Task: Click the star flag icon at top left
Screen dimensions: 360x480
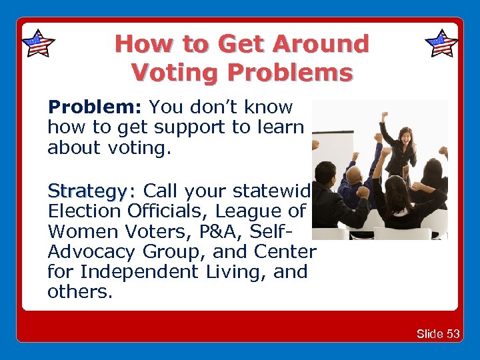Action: (x=38, y=43)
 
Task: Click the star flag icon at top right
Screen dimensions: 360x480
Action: (x=441, y=43)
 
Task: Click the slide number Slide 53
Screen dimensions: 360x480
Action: (x=438, y=333)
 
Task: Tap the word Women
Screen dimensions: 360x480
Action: (x=79, y=231)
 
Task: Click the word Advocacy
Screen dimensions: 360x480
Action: (x=93, y=251)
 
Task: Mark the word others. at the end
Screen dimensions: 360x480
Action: (x=77, y=291)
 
